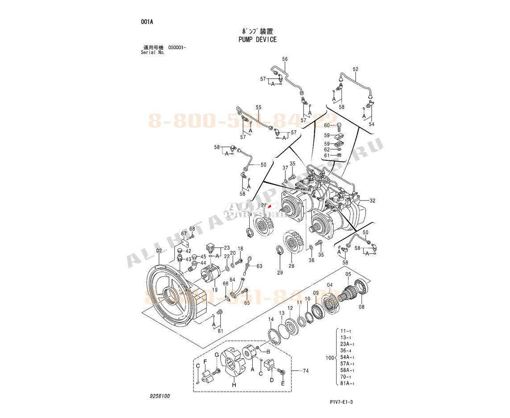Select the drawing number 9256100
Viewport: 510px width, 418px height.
pyautogui.click(x=160, y=396)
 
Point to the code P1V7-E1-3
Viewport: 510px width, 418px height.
pyautogui.click(x=341, y=402)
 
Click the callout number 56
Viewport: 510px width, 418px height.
pyautogui.click(x=285, y=59)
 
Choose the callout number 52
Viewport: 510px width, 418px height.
pyautogui.click(x=355, y=69)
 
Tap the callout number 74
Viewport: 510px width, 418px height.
pyautogui.click(x=306, y=371)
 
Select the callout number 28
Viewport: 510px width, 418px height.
pyautogui.click(x=292, y=266)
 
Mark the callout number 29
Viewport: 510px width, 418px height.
pyautogui.click(x=280, y=272)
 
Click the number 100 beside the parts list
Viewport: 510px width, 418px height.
pyautogui.click(x=329, y=358)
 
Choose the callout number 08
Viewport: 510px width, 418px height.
pyautogui.click(x=362, y=307)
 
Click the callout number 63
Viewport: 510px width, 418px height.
pyautogui.click(x=259, y=266)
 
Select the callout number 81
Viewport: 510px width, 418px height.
pyautogui.click(x=220, y=331)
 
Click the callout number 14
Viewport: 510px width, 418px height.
pyautogui.click(x=271, y=319)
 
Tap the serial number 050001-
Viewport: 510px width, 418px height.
pyautogui.click(x=177, y=47)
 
